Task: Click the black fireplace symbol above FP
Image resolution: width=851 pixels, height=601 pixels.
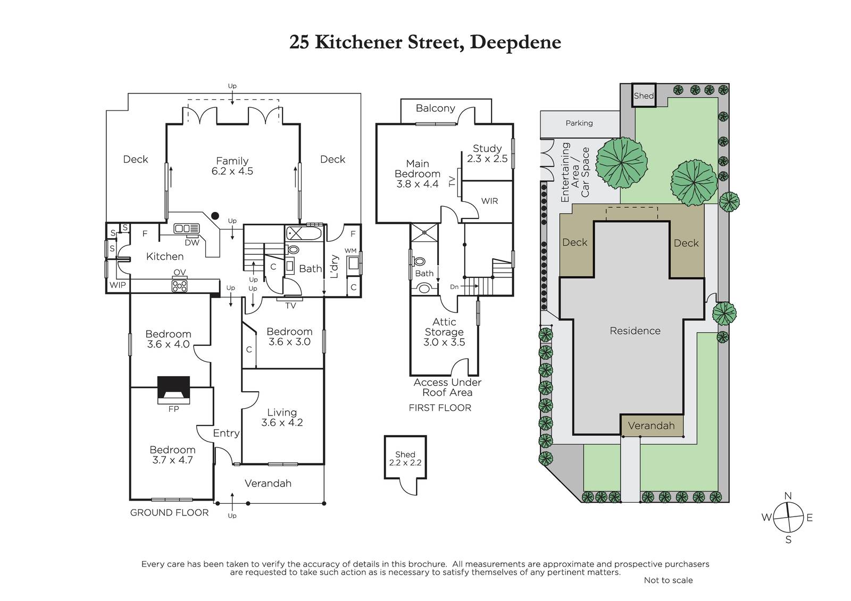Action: click(173, 390)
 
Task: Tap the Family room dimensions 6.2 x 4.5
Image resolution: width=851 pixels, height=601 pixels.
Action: click(232, 171)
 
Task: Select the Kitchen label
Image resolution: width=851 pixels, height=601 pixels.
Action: click(165, 257)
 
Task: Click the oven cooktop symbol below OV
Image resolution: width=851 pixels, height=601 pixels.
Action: click(180, 285)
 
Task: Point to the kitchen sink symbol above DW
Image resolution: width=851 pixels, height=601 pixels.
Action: click(187, 228)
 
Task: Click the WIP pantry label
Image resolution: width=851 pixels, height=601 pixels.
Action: click(118, 285)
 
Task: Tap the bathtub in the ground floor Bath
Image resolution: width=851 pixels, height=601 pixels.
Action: click(304, 233)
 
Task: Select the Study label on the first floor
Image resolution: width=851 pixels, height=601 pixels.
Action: click(487, 148)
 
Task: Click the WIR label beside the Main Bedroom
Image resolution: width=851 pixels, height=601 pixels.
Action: click(489, 201)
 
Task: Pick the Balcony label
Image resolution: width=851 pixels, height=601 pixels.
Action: click(436, 108)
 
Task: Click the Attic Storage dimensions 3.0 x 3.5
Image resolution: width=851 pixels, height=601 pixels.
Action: click(444, 342)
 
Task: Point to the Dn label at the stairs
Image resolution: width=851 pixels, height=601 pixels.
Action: click(454, 287)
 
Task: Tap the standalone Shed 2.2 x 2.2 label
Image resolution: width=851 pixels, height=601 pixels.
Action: click(405, 459)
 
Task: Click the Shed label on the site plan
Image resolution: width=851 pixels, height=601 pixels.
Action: click(644, 96)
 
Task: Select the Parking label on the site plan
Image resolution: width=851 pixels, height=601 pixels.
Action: click(579, 123)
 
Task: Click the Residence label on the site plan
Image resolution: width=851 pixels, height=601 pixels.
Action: click(635, 331)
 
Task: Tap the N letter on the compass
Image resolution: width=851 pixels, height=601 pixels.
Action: click(788, 496)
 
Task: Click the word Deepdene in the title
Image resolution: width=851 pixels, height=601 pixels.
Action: click(515, 42)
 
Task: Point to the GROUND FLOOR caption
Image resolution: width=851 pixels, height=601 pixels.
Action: click(170, 513)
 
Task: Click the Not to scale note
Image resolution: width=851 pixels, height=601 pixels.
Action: click(668, 580)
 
